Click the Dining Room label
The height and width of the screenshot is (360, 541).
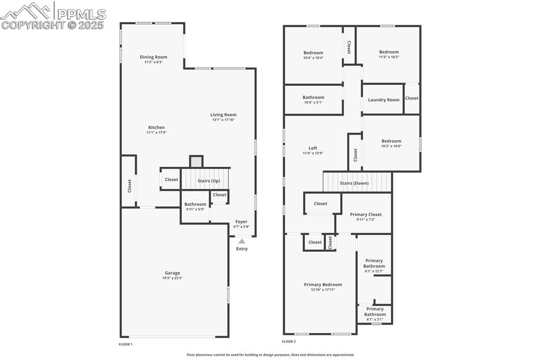[153, 57]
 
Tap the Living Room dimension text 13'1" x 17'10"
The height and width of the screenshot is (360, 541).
[223, 120]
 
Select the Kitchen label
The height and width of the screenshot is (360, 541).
[156, 127]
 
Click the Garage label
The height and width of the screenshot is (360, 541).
[172, 273]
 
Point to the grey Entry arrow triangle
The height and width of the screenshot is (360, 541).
[241, 241]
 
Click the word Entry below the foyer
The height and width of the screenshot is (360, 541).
[241, 249]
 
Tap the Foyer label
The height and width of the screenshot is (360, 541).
[241, 222]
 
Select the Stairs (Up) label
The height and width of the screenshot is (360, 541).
[209, 181]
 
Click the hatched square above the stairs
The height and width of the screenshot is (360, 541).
[196, 162]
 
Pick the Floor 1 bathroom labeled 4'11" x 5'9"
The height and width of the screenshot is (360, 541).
[195, 206]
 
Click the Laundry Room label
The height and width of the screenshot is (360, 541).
[384, 100]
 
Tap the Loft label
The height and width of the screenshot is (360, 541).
[313, 148]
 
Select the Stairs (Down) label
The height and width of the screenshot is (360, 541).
[354, 183]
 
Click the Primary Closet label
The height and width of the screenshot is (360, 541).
[366, 214]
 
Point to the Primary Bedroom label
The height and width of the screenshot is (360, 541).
[323, 285]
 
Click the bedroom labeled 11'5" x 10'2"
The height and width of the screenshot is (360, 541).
[388, 54]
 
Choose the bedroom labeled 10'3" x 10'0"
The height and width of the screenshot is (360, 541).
[391, 143]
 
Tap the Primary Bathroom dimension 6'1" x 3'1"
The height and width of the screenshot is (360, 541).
[375, 319]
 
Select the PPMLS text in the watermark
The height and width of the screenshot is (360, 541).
[81, 14]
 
